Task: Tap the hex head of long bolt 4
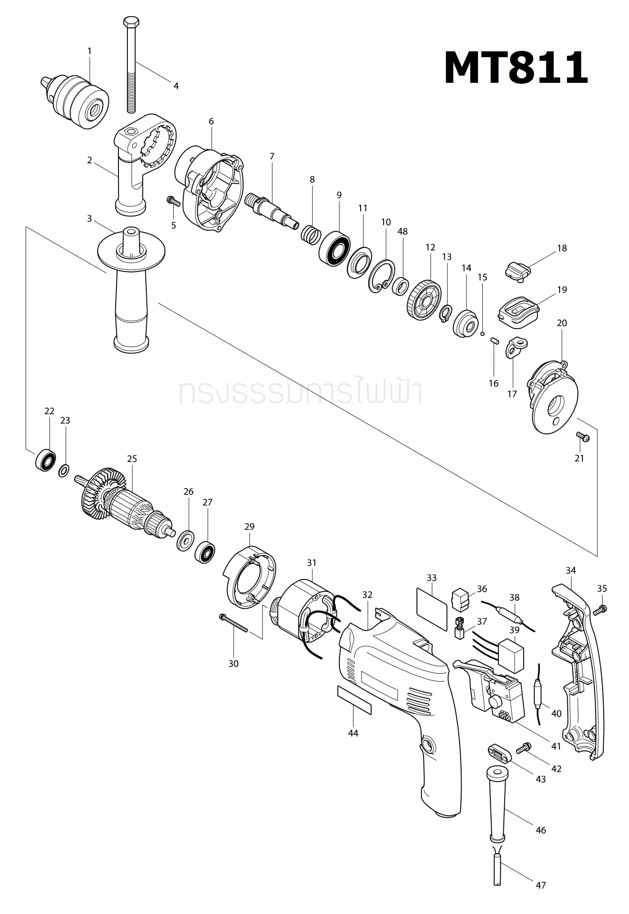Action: [x=131, y=22]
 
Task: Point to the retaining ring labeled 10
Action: [x=381, y=276]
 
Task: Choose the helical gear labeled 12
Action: [x=424, y=300]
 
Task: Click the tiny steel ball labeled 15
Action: [x=482, y=334]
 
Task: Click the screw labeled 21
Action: [x=583, y=436]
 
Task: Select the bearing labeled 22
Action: [x=45, y=460]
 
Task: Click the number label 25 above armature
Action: [x=131, y=459]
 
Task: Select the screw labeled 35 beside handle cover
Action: [x=600, y=610]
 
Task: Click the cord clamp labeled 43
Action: [x=499, y=753]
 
